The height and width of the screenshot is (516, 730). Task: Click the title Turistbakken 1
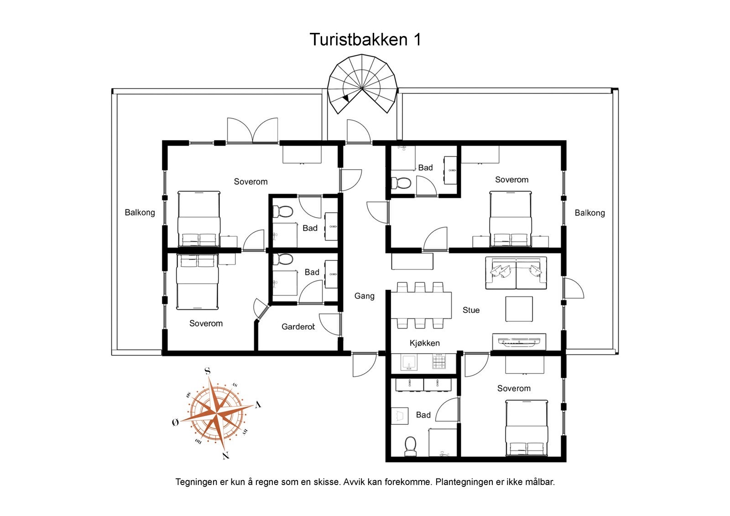(x=365, y=40)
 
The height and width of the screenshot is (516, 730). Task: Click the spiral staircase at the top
(x=362, y=84)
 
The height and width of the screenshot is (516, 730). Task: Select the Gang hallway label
(x=364, y=296)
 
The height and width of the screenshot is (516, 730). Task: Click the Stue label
(x=471, y=310)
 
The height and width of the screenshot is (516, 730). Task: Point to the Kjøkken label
(x=424, y=343)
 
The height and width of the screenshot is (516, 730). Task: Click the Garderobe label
(x=298, y=327)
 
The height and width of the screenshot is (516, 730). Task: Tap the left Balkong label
(x=140, y=213)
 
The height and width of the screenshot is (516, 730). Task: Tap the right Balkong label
(x=589, y=213)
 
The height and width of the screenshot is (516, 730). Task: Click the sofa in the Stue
(x=516, y=273)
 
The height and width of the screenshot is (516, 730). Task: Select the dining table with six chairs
(x=420, y=305)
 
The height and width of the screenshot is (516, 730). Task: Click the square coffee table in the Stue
(x=519, y=309)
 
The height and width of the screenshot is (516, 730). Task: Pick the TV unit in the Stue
(x=519, y=341)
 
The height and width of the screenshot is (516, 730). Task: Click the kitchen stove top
(x=439, y=363)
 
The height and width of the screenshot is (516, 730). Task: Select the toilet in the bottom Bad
(x=410, y=446)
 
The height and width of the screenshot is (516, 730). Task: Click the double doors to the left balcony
(x=252, y=131)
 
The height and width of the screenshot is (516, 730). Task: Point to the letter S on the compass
(x=208, y=371)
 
